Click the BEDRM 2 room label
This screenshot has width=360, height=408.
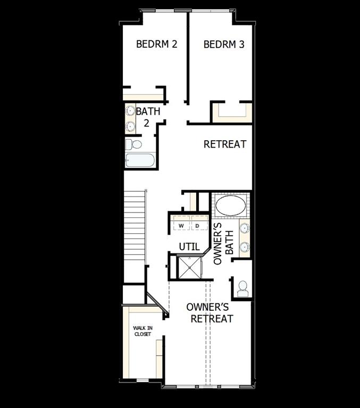point(156,44)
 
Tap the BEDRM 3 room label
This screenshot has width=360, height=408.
point(224,44)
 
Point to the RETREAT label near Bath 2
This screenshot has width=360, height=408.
point(225,144)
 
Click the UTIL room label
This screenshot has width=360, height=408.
point(189,246)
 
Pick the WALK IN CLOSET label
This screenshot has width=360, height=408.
point(142,331)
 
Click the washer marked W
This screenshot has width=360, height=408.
point(181,226)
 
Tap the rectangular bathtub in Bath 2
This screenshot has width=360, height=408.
point(140,160)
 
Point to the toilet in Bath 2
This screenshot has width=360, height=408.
point(134,144)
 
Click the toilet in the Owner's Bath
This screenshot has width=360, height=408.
point(242,288)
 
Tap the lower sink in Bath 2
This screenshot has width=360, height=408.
point(130,126)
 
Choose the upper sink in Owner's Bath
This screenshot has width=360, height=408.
point(244,228)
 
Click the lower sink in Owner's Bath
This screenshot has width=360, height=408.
point(244,246)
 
